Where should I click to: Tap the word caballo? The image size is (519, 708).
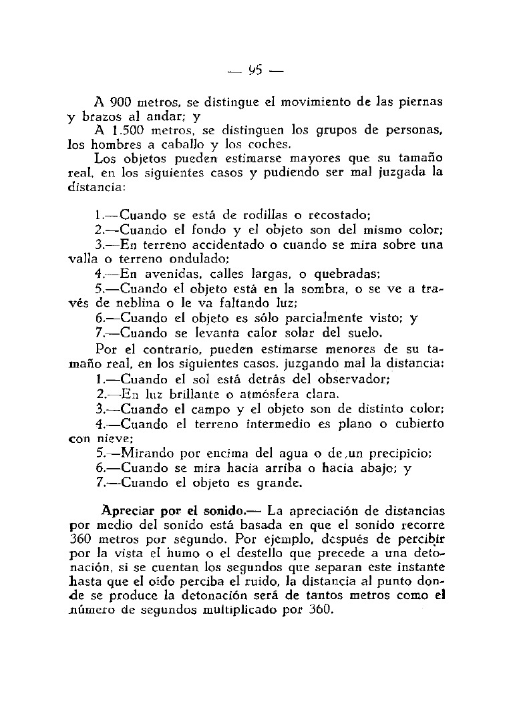(162, 144)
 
